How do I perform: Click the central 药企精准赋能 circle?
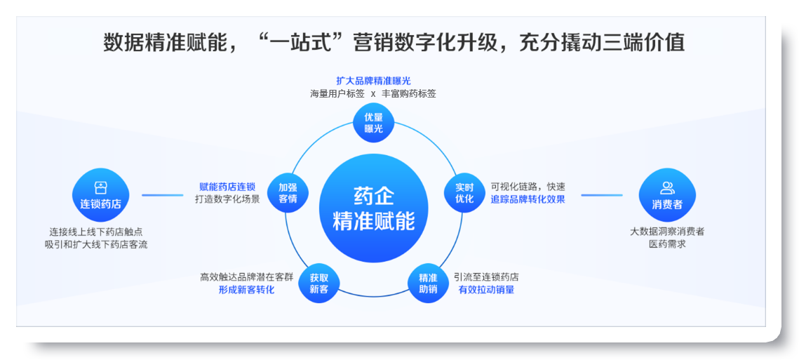tap(373, 210)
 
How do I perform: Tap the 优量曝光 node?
tap(373, 123)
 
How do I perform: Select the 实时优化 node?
tap(464, 193)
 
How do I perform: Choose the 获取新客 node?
tap(319, 284)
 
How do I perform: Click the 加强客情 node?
tap(288, 193)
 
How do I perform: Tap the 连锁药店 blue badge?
tap(101, 195)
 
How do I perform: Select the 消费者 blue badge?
tap(667, 195)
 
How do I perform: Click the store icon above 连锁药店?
tap(100, 187)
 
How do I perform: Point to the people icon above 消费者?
tap(667, 187)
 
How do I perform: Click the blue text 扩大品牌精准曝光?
tap(373, 81)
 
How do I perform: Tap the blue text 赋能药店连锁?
tap(227, 187)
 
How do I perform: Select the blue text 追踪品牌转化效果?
tap(528, 199)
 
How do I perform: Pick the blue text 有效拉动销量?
tap(486, 290)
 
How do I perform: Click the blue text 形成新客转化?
tap(247, 290)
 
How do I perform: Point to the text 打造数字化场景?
tap(227, 199)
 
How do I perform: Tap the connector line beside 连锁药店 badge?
tap(163, 195)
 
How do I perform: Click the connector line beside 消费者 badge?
tap(602, 195)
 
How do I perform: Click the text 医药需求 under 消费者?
tap(667, 244)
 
